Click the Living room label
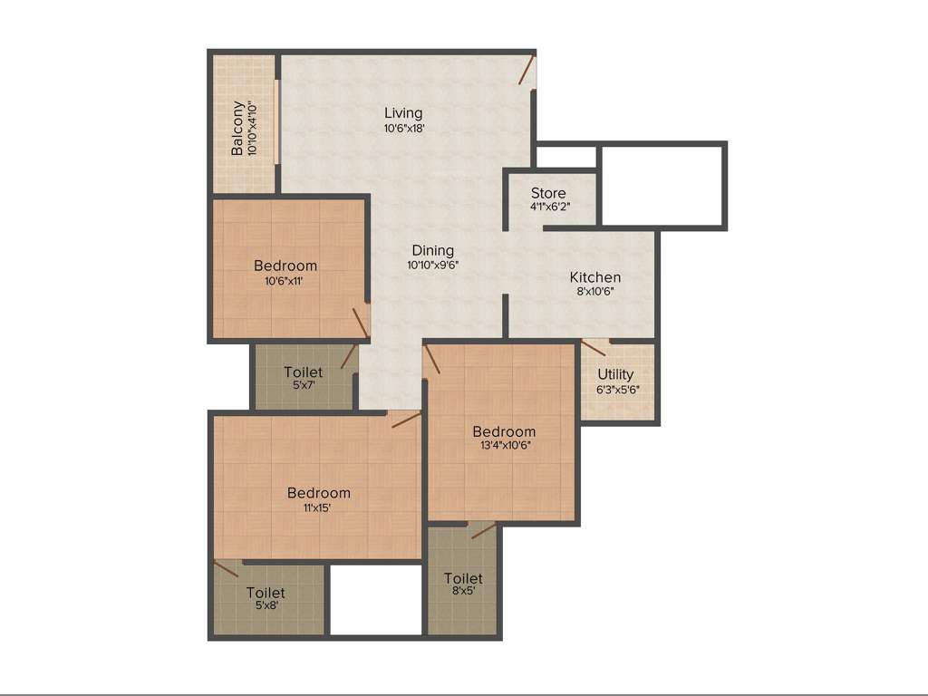click(403, 113)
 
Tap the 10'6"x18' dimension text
click(403, 129)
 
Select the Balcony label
click(237, 128)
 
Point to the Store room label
click(548, 193)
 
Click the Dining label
click(432, 250)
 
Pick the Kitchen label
click(595, 277)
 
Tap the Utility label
click(616, 374)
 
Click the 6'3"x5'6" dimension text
click(616, 390)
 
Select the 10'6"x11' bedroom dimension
click(285, 281)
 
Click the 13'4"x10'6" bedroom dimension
click(504, 446)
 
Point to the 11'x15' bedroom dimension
click(318, 507)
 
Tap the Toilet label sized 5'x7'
click(303, 372)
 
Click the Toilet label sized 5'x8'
click(266, 593)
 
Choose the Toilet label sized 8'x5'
click(463, 578)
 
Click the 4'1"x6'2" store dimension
click(549, 208)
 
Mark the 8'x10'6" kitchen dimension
click(595, 293)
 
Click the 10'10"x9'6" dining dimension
click(432, 266)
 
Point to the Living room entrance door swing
click(527, 72)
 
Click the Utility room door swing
click(594, 347)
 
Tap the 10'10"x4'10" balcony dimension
click(253, 128)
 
